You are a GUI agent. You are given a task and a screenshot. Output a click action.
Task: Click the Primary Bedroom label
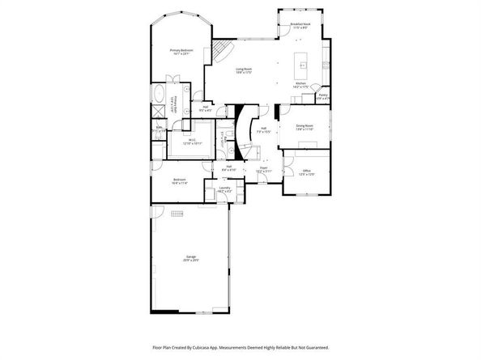tap(180, 53)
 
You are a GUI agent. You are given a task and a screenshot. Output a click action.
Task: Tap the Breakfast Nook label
tap(301, 26)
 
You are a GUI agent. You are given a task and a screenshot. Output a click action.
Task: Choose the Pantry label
tap(322, 97)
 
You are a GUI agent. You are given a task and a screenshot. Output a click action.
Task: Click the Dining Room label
tap(304, 127)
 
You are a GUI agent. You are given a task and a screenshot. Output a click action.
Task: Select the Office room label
tap(306, 172)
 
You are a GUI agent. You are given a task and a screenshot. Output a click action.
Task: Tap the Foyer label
tap(263, 169)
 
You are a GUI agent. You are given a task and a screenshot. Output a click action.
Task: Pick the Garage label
tap(189, 259)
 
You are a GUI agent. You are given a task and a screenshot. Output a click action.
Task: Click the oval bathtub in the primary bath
tap(157, 91)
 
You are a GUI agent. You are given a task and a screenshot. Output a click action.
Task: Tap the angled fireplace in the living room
tap(216, 53)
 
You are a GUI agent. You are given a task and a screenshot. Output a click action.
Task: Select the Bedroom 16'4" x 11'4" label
tap(179, 181)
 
